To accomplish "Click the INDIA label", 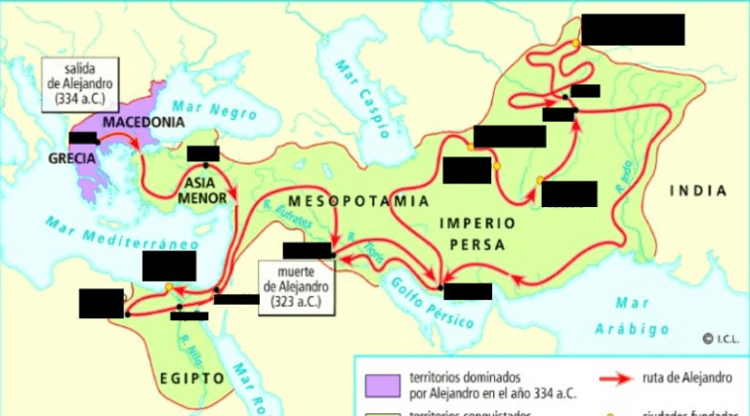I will tap(697, 191).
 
